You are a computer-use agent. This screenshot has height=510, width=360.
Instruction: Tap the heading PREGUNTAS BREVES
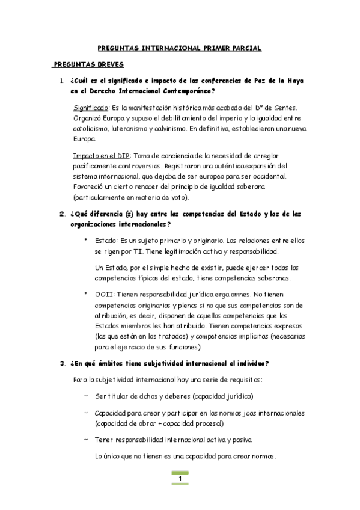click(x=88, y=64)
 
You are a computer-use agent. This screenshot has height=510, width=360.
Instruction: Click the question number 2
click(x=62, y=214)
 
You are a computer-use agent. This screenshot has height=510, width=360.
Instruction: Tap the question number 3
click(x=62, y=363)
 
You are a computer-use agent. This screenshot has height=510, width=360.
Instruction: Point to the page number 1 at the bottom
click(x=180, y=478)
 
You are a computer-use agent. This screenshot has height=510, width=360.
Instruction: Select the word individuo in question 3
click(x=249, y=363)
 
